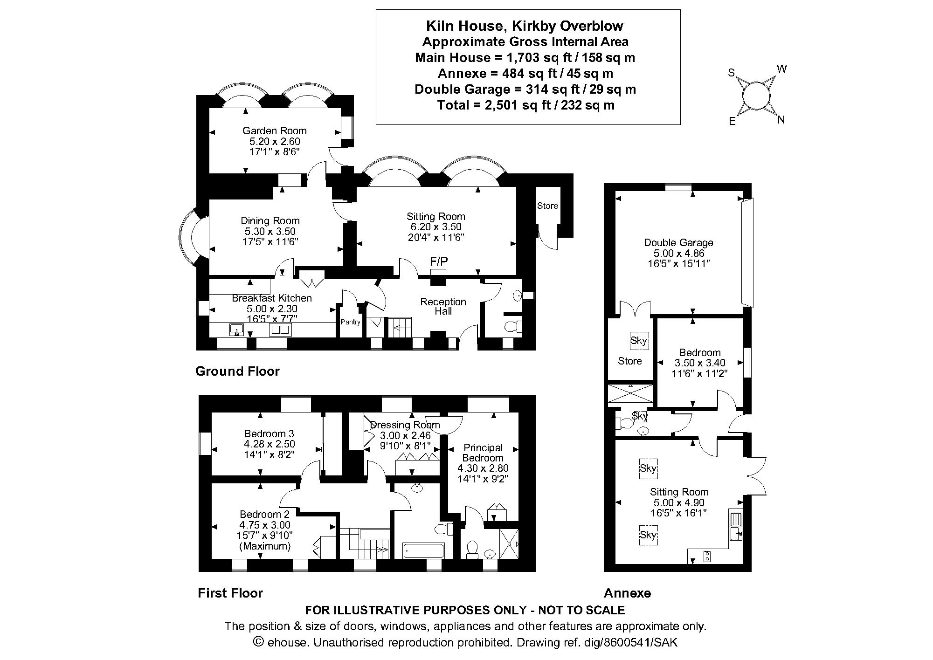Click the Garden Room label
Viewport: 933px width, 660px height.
tap(274, 131)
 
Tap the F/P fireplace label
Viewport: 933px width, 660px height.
tap(439, 261)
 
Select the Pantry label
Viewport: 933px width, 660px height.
tap(350, 322)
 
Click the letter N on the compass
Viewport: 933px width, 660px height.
tap(781, 120)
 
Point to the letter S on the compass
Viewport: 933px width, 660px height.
tap(732, 73)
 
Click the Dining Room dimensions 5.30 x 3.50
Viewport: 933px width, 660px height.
tap(270, 231)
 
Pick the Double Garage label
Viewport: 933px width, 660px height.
tap(678, 243)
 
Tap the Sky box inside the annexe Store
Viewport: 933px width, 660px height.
tap(638, 340)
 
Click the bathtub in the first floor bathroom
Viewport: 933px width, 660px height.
tap(423, 550)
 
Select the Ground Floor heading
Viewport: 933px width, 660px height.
tap(237, 371)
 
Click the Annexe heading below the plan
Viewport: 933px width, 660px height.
tap(627, 593)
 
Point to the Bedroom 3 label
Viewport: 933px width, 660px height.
tap(269, 434)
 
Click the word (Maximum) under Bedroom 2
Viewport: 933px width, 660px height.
tap(265, 546)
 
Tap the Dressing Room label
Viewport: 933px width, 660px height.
tap(405, 425)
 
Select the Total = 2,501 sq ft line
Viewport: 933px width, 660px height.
tap(525, 105)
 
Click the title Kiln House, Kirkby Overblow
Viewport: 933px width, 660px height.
tap(525, 26)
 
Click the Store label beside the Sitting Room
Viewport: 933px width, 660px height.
tap(547, 206)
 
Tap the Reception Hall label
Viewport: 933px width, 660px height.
tap(443, 306)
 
